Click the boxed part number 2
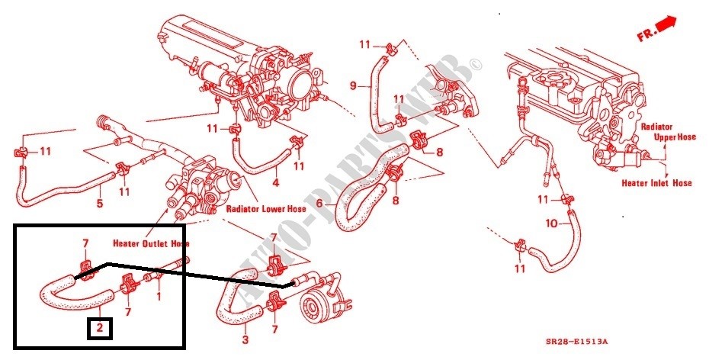[99, 329]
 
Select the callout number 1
[159, 297]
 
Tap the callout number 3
[245, 339]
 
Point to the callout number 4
[275, 183]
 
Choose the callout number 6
[319, 204]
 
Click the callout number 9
[353, 85]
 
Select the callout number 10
[552, 223]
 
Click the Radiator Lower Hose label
[266, 209]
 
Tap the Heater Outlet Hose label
[151, 244]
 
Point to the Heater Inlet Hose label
[656, 183]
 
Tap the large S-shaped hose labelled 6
[367, 188]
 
